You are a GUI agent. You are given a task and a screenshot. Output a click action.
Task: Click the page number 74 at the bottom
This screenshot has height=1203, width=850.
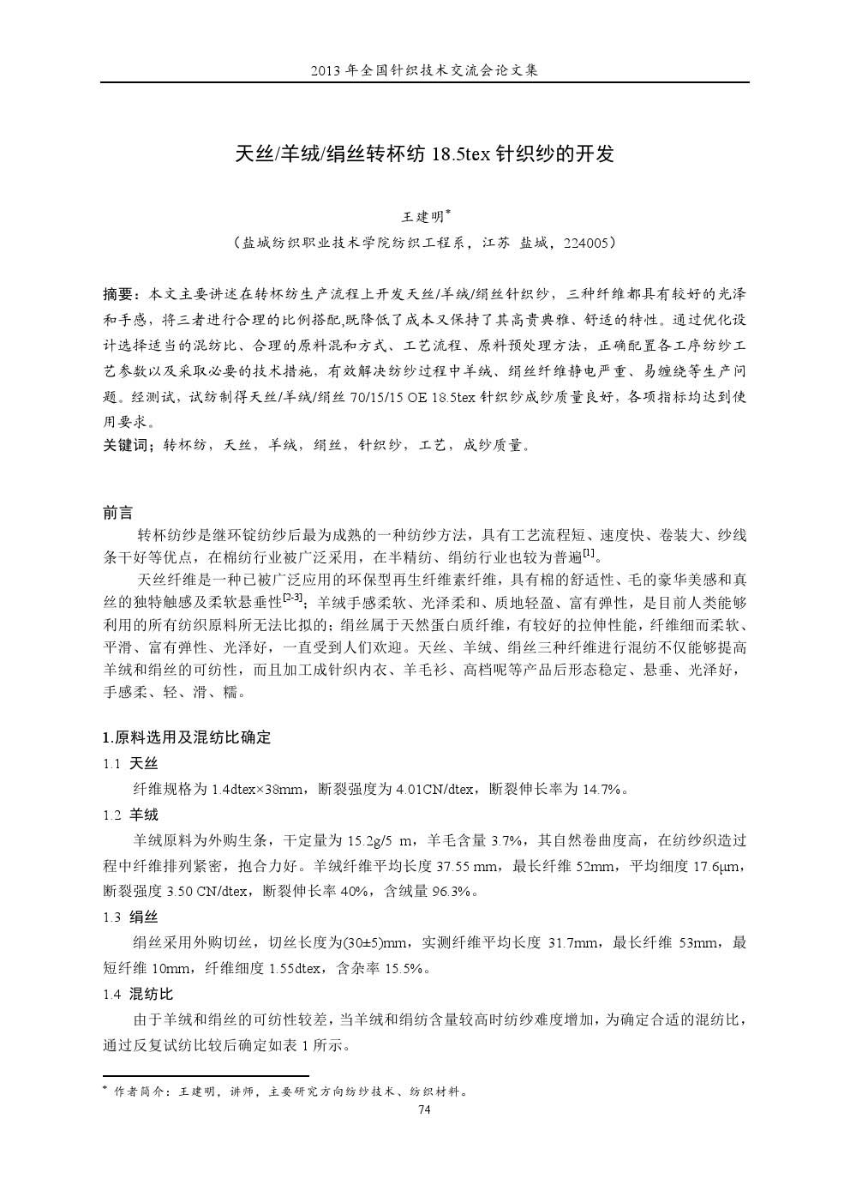point(423,1110)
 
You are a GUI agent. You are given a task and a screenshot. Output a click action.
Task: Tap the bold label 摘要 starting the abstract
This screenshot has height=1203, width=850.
point(118,295)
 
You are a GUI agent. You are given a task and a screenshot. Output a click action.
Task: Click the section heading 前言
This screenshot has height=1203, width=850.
point(118,513)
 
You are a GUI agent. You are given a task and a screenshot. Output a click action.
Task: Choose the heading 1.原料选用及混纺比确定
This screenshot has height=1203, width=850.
point(186,737)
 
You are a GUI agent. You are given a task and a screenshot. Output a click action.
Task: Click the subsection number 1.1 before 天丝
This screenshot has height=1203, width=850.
point(111,764)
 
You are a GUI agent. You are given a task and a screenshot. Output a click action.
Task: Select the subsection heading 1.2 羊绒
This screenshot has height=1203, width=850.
point(130,815)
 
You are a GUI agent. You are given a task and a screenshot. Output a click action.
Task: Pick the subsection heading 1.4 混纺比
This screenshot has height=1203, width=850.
point(137,995)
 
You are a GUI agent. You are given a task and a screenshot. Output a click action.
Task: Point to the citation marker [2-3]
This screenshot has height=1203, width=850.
point(292,596)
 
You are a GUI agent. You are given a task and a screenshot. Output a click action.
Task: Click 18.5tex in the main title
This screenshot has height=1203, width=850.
point(462,155)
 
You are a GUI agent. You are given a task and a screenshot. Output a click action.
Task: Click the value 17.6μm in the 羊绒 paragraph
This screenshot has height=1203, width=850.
point(722,866)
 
